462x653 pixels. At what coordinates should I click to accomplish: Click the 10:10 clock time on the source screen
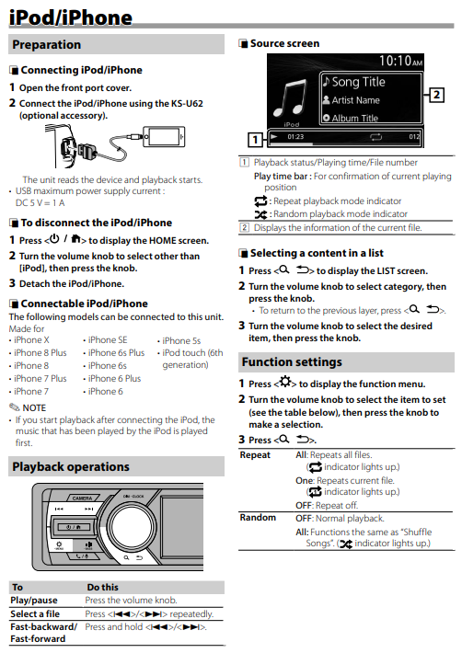pos(400,62)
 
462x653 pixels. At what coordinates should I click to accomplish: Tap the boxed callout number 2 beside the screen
pos(436,95)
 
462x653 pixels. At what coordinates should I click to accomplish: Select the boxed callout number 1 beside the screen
pos(255,140)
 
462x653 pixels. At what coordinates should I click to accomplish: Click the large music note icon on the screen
pos(290,98)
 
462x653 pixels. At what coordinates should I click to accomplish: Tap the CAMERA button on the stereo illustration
pos(82,498)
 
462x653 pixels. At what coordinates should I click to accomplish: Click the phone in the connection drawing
pos(164,137)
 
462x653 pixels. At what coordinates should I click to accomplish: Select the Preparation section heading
pos(47,44)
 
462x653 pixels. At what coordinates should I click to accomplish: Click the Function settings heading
pos(292,361)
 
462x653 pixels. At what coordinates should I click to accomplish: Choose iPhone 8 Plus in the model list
pos(40,353)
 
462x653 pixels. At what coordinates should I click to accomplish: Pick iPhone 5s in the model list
pos(181,340)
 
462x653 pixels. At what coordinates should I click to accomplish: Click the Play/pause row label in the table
pos(34,600)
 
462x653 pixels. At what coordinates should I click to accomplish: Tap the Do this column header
pos(102,587)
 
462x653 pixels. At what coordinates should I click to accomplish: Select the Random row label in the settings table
pos(258,517)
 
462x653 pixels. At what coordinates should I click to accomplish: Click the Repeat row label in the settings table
pos(255,454)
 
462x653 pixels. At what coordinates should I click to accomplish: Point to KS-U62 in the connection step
pos(187,103)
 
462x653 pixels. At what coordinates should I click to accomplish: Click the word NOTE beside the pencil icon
pos(34,407)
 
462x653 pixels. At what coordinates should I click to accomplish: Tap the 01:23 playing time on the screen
pos(295,137)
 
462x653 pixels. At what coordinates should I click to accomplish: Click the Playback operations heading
pos(71,467)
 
